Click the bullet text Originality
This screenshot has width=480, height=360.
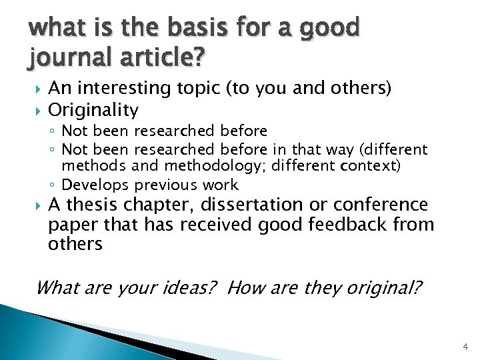point(93,109)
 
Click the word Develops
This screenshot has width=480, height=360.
point(95,185)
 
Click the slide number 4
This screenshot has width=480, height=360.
point(465,347)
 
